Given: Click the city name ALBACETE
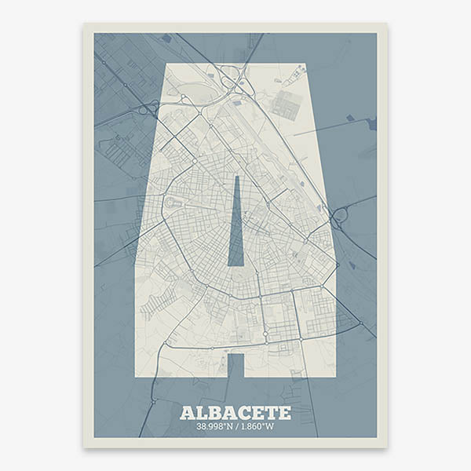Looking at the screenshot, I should [235, 412].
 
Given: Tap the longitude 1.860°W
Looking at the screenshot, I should [257, 427].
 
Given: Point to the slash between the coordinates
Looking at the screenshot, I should [237, 427].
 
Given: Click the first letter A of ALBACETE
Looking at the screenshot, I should [186, 412].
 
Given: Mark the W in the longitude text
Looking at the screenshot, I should [272, 427].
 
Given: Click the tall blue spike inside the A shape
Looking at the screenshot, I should [235, 228].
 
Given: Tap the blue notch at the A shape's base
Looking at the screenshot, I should [235, 365].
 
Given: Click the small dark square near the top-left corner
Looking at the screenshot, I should [166, 38].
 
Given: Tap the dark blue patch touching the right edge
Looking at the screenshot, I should [372, 123].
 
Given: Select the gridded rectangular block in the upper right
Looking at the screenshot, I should [287, 104].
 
